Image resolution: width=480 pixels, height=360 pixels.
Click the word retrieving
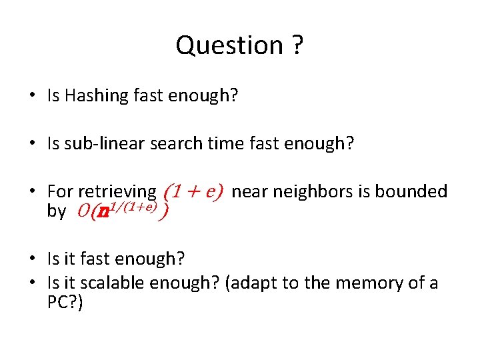click(x=117, y=192)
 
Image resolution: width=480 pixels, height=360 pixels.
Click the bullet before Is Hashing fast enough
click(x=33, y=96)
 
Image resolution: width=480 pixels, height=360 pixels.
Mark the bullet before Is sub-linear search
click(x=33, y=143)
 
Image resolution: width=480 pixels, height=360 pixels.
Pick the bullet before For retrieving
click(x=33, y=192)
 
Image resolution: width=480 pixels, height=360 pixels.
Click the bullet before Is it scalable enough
click(x=33, y=283)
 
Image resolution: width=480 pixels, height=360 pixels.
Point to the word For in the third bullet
click(x=61, y=192)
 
